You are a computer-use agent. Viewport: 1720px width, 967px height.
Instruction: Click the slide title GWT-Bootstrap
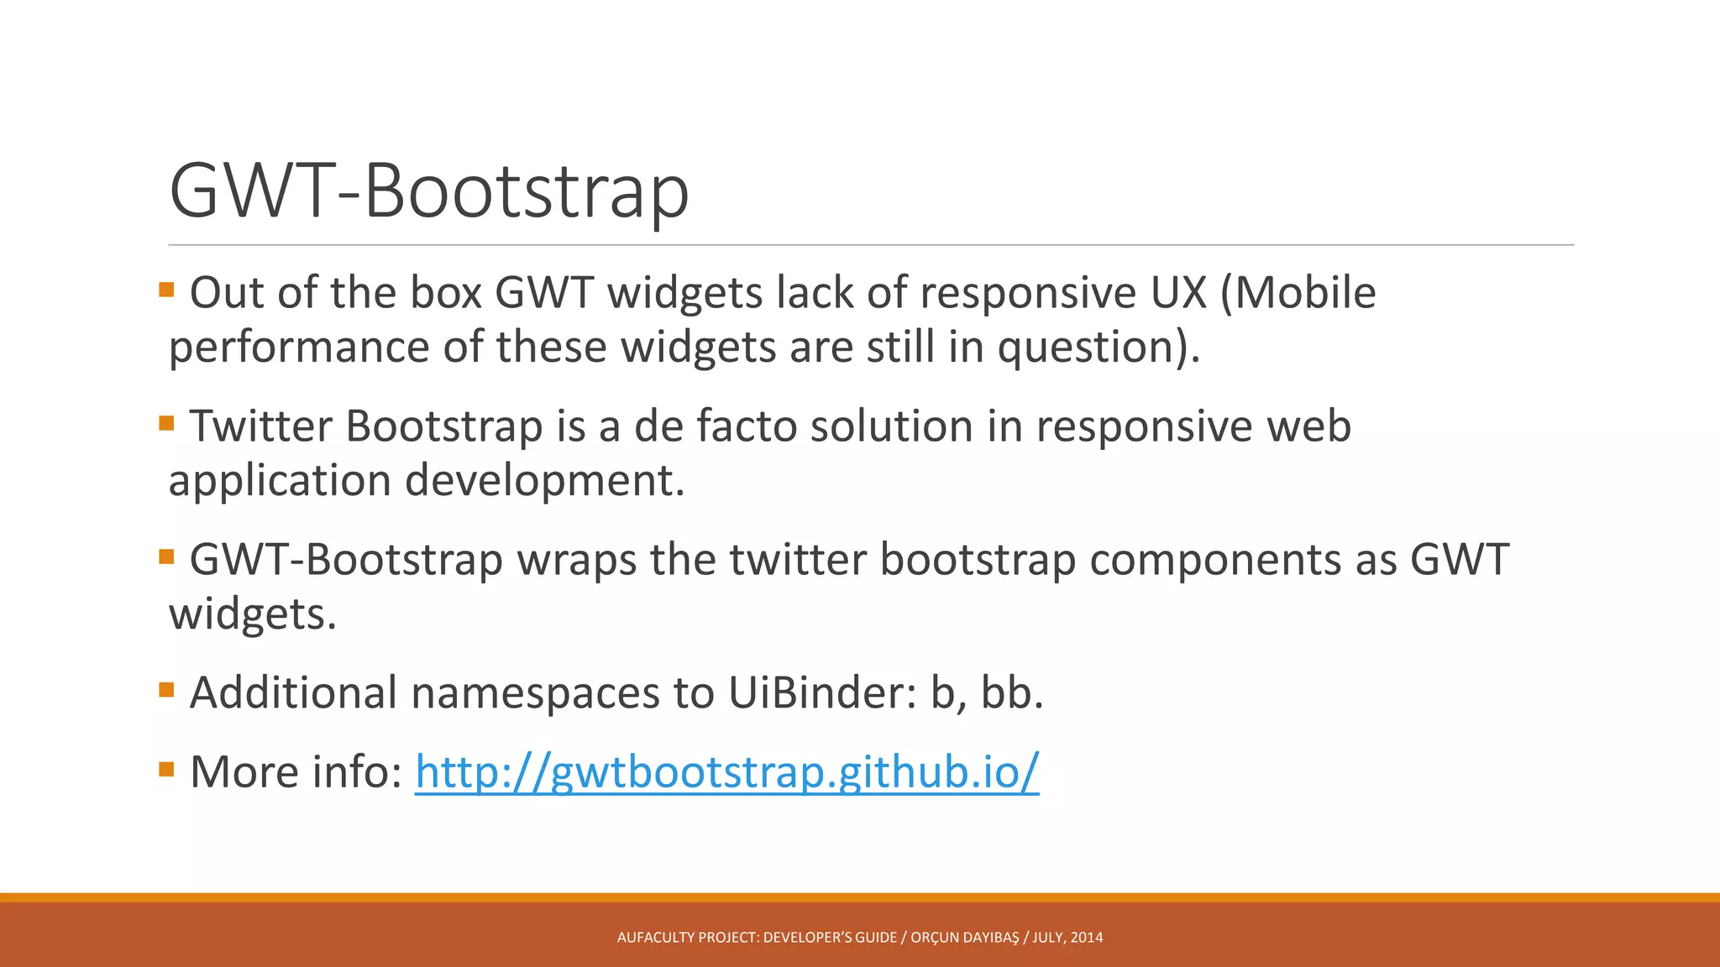(x=428, y=191)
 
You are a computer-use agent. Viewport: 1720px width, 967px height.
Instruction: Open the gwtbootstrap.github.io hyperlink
(x=726, y=771)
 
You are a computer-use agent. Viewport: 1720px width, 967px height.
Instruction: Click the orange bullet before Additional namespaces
(x=166, y=690)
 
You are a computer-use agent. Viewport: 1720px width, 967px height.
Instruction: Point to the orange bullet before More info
(x=166, y=768)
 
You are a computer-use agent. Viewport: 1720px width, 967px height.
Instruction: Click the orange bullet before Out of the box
(x=166, y=290)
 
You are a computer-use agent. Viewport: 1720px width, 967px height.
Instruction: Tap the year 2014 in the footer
(x=1088, y=938)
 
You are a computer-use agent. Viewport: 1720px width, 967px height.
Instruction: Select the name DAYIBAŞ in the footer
(x=991, y=938)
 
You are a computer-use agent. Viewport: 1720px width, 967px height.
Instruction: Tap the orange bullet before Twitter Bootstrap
(x=166, y=423)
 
